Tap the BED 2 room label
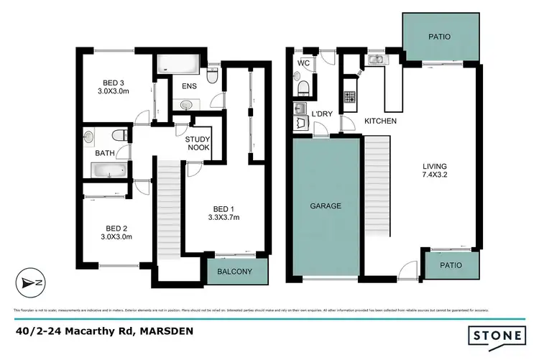116,226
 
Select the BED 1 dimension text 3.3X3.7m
224,217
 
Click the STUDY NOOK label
198,143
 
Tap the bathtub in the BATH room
108,170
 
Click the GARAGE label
326,206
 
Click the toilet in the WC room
303,88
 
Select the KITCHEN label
380,121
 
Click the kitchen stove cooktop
349,96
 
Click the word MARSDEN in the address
167,331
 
